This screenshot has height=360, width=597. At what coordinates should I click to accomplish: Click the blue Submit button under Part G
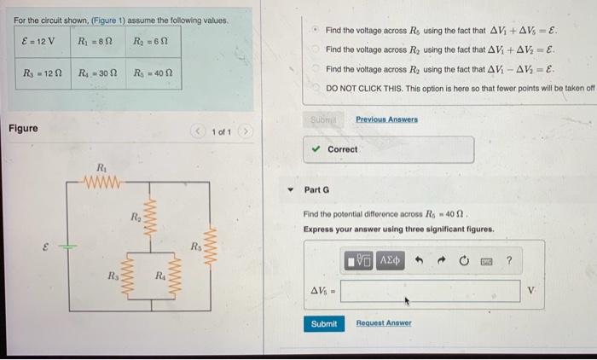[324, 323]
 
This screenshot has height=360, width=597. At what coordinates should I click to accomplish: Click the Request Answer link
[383, 323]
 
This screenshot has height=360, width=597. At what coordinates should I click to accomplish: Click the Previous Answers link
[386, 119]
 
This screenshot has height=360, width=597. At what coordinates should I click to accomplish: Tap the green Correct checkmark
[316, 149]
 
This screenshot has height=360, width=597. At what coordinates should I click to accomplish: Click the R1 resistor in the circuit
[102, 180]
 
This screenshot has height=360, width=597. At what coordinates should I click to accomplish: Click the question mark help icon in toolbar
[508, 258]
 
